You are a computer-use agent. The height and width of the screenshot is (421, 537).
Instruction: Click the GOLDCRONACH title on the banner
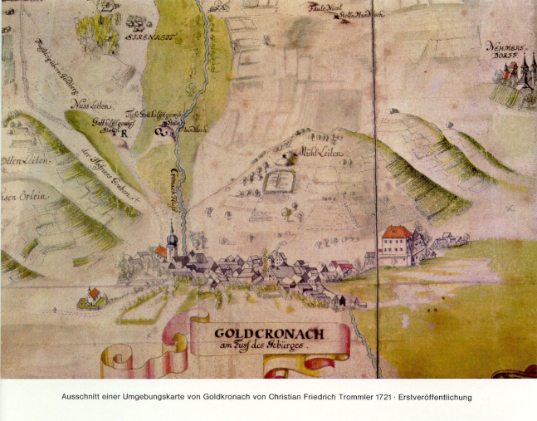(270, 334)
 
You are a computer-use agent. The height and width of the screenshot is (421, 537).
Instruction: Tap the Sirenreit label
(146, 37)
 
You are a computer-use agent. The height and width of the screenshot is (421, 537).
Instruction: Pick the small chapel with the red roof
(93, 295)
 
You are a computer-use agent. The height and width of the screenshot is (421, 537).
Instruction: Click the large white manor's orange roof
(398, 232)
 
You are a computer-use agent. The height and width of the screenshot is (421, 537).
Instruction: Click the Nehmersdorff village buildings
(515, 75)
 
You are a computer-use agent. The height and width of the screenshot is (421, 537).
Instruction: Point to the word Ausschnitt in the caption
(81, 397)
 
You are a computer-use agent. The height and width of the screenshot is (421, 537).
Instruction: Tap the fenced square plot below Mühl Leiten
(280, 180)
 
